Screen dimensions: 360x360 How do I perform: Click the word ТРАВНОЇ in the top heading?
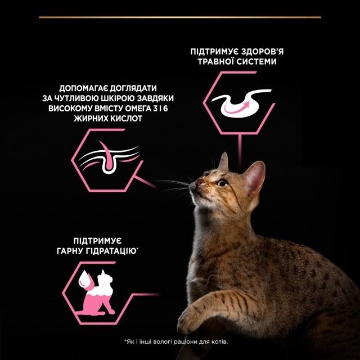[215, 62]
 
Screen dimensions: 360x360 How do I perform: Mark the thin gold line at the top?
[180, 17]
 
